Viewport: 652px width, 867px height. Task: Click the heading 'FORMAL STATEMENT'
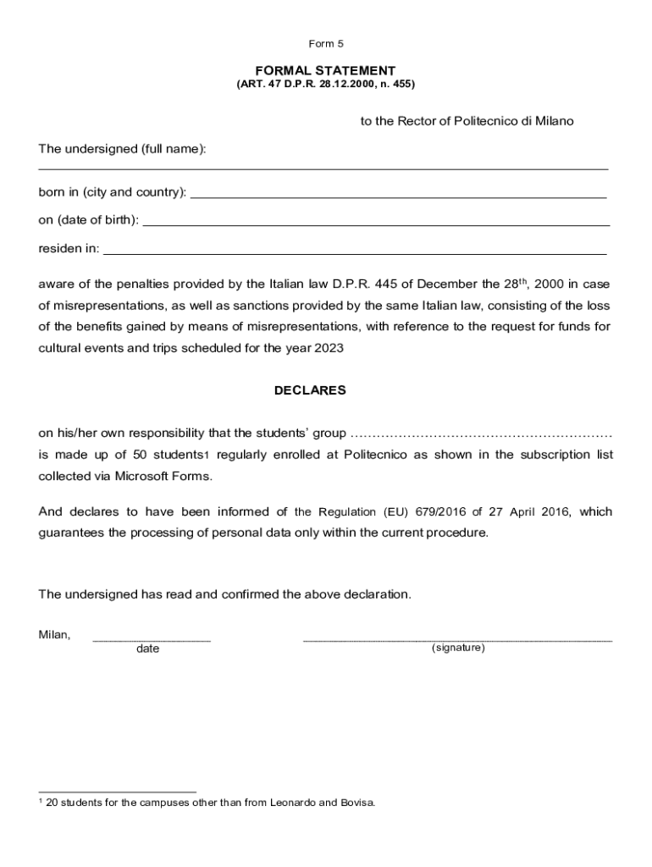tap(326, 70)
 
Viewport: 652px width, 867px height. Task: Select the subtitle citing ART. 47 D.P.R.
tap(326, 85)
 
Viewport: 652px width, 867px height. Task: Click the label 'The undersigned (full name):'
tap(122, 149)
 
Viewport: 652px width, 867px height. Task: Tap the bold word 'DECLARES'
tap(310, 390)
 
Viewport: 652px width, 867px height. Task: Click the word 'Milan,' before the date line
tap(54, 634)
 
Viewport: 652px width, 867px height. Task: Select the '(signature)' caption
tap(458, 648)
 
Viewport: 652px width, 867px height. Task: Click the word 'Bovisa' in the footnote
tap(355, 802)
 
